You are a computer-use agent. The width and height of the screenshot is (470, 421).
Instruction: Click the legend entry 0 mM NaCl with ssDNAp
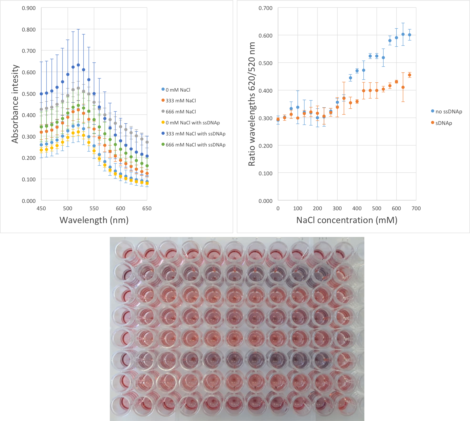193,123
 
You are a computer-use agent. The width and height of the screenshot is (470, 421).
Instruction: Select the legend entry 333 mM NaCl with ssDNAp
195,134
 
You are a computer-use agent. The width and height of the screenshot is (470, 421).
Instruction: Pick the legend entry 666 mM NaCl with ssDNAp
195,145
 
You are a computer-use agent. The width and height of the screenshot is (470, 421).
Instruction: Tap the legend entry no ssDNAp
448,112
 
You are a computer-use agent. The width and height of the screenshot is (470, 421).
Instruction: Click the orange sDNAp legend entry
443,123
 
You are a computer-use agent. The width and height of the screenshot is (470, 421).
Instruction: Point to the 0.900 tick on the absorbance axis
29,8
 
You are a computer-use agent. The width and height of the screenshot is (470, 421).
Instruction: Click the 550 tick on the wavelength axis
94,208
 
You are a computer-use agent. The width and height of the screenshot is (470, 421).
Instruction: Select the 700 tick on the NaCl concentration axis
416,208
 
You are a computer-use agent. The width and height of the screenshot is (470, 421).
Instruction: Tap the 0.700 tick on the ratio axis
265,8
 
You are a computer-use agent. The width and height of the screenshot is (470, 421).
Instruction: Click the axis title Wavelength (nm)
94,220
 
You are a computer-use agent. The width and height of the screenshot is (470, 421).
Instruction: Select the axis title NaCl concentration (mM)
347,220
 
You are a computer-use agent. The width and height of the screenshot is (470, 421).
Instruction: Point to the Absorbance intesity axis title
15,104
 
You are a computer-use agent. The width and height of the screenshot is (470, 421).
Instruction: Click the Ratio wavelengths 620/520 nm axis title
252,104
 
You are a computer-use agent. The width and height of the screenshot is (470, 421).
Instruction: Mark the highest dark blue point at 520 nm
78,65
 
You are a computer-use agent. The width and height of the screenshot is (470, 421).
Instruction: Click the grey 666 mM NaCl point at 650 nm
147,142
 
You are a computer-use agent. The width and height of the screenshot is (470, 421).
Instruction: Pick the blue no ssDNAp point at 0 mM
278,120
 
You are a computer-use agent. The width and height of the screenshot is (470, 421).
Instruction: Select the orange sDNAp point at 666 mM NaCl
409,75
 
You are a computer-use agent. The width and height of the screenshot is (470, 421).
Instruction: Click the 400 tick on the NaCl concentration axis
357,208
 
